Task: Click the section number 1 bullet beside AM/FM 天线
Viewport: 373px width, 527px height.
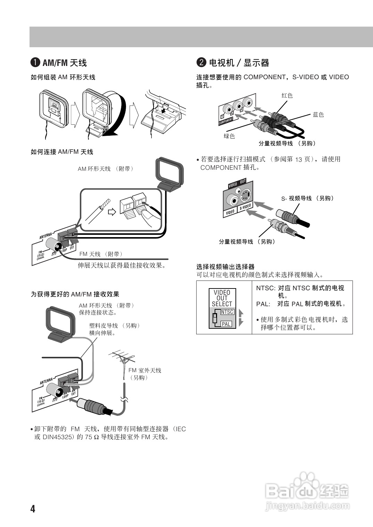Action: click(x=35, y=63)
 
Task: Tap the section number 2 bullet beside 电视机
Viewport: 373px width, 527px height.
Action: click(x=201, y=63)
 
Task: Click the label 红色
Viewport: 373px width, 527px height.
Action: click(x=287, y=95)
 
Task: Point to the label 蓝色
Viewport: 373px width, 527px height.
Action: click(x=318, y=115)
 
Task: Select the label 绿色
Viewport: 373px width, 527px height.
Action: click(x=229, y=136)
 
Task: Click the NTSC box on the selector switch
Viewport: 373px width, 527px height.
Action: click(x=227, y=312)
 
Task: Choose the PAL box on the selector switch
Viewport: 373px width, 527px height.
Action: click(x=226, y=324)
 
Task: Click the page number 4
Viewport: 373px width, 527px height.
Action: click(x=33, y=509)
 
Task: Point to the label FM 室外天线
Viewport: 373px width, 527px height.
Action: click(x=144, y=370)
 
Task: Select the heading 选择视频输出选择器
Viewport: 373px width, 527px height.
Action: click(x=225, y=267)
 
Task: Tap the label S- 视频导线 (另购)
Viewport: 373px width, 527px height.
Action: click(x=307, y=198)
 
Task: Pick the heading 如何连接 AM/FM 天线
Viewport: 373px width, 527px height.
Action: click(x=62, y=152)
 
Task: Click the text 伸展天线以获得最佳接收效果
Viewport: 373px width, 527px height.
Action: click(x=122, y=266)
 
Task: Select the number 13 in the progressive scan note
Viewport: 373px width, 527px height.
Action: click(x=299, y=159)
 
